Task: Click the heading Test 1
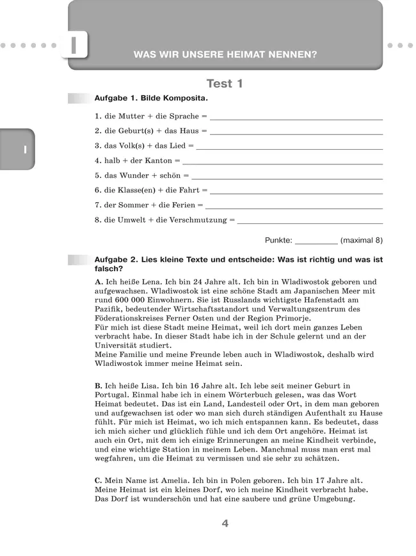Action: [x=225, y=84]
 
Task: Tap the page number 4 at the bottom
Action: [x=225, y=523]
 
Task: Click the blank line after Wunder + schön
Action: [x=287, y=177]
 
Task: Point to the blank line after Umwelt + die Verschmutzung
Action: [x=310, y=223]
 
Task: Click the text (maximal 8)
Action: [x=362, y=241]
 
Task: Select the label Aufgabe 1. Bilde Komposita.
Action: [x=151, y=100]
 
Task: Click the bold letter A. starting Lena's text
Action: [x=99, y=282]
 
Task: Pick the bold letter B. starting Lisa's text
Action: [x=99, y=386]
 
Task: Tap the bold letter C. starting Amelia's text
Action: [x=99, y=481]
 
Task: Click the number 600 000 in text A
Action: [x=131, y=299]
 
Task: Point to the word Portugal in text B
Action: [x=111, y=395]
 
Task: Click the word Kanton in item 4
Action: [x=158, y=161]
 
